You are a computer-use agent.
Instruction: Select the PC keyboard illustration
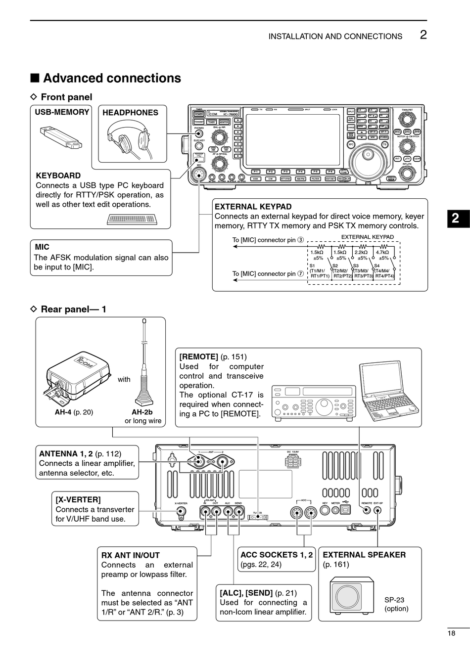click(x=132, y=219)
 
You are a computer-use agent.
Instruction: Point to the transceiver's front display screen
click(x=292, y=139)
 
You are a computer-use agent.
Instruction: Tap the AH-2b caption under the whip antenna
click(x=142, y=412)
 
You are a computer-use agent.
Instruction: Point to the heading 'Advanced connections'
click(x=112, y=78)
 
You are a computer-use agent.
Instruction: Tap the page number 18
click(x=451, y=633)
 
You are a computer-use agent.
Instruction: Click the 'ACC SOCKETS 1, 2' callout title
click(x=277, y=555)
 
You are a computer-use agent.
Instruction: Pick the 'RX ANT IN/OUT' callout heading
click(x=131, y=555)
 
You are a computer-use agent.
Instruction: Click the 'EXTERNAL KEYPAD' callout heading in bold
click(x=253, y=207)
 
